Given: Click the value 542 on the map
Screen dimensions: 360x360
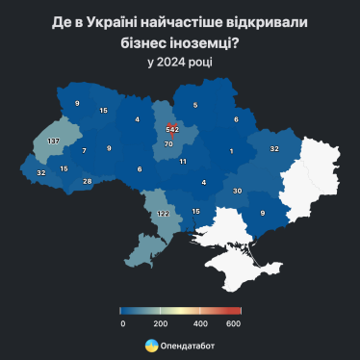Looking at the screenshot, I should [x=172, y=129].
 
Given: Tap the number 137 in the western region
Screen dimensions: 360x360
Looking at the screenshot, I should [x=54, y=141].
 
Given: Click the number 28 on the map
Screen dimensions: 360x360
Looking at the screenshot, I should [x=87, y=181].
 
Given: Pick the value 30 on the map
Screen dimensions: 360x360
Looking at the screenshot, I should [x=238, y=191].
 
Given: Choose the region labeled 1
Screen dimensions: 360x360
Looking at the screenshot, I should [x=231, y=151].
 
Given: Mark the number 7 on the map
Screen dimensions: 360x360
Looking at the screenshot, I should [x=84, y=151].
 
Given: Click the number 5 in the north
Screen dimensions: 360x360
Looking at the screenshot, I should [x=194, y=105].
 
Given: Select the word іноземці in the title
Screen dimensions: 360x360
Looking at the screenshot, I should [x=198, y=43].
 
